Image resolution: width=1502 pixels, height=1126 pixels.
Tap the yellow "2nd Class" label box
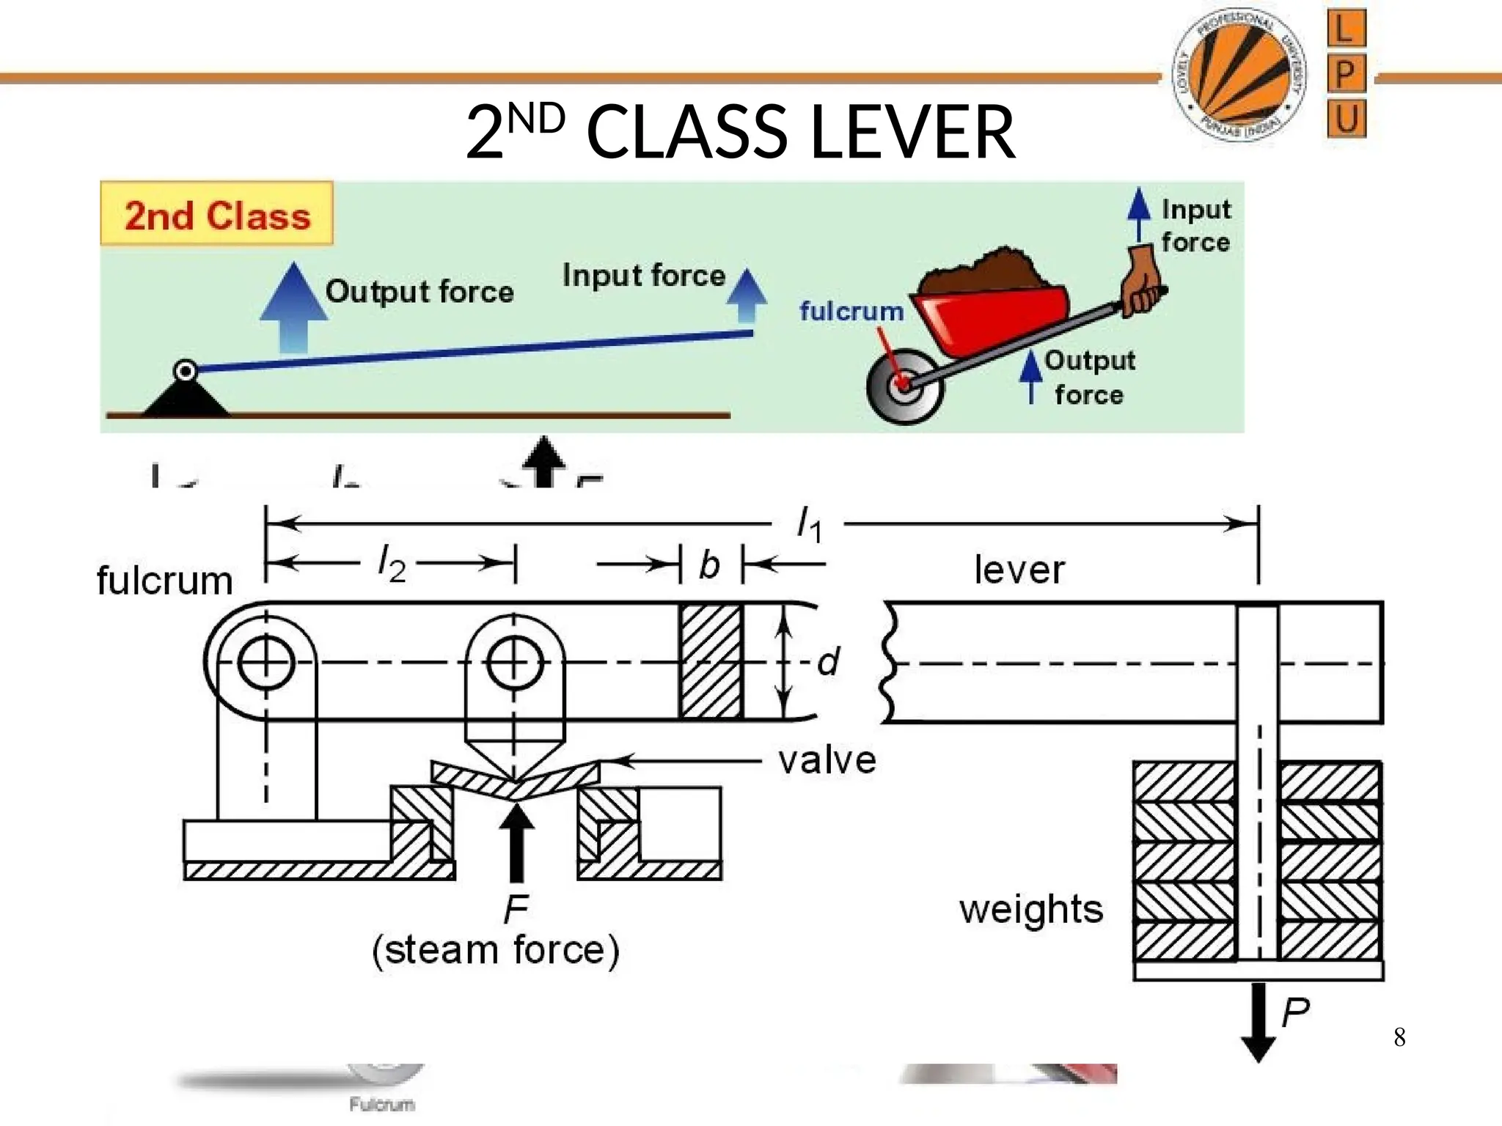(217, 214)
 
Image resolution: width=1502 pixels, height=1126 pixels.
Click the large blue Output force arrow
(293, 308)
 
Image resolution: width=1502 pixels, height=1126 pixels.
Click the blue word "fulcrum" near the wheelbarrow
(851, 311)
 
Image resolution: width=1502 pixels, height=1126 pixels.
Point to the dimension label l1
(810, 525)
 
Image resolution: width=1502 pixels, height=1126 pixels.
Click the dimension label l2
(392, 564)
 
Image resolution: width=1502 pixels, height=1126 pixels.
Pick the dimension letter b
(710, 564)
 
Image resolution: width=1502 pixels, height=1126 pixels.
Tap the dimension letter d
(829, 662)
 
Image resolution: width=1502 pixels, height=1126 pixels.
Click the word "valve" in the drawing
(827, 761)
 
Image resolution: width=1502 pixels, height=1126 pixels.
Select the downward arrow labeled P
(1259, 1023)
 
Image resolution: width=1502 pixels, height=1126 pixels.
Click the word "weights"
(1031, 909)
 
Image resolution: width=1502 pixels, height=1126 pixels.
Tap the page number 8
(1399, 1037)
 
